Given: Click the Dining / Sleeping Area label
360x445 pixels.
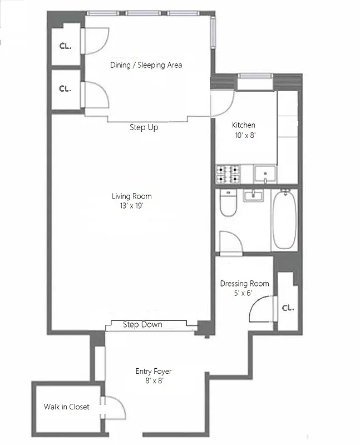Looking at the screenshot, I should click(x=145, y=65).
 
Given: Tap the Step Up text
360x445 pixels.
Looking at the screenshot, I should click(x=144, y=127).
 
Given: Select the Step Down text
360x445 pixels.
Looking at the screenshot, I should click(x=142, y=324).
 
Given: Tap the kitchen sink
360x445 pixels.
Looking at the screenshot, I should click(x=265, y=174).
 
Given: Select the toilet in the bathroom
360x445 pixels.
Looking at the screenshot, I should click(x=228, y=204).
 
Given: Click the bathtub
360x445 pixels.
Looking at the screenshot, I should click(x=283, y=219).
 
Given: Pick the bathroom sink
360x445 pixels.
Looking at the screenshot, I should click(x=254, y=196).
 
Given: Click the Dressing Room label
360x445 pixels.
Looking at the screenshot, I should click(x=244, y=284).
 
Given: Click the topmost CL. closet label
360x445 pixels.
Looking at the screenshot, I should click(x=66, y=46).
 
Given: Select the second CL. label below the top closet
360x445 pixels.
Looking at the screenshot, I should click(x=66, y=88).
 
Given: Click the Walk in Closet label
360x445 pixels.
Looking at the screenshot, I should click(x=67, y=407).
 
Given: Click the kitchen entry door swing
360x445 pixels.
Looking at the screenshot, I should click(x=223, y=103).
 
